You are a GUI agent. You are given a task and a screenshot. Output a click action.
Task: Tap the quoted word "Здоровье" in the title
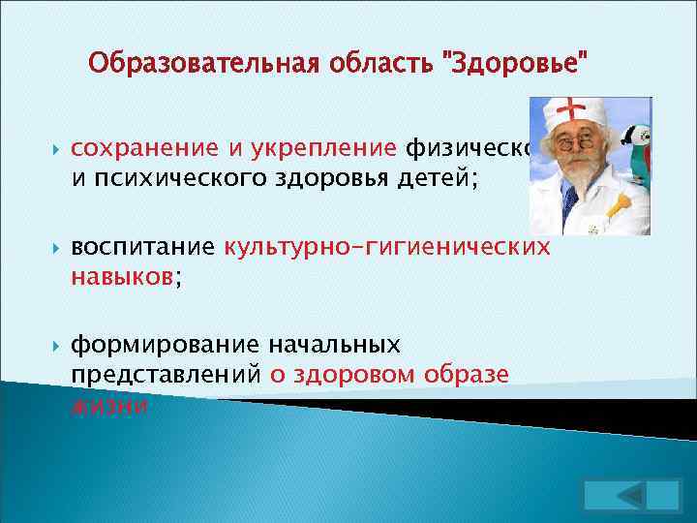point(515,66)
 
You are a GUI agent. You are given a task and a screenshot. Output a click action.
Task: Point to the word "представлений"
point(165,375)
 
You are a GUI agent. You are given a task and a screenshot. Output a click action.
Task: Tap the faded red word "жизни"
point(109,404)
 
